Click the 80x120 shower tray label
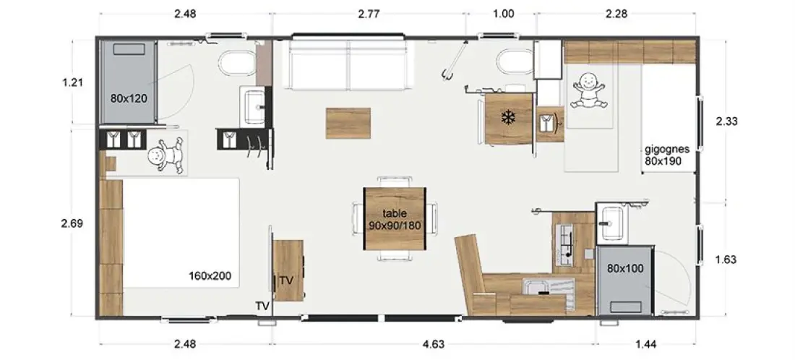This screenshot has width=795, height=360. [x=129, y=98]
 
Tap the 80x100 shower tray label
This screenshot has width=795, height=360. [x=625, y=268]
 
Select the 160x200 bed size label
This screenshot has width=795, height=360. [x=210, y=276]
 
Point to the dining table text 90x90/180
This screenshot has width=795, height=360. [x=395, y=225]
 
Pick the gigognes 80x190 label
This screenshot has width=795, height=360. [x=667, y=155]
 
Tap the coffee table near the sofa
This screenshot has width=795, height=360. [x=348, y=123]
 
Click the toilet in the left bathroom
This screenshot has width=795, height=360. [x=237, y=65]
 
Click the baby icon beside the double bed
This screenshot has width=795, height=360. [x=165, y=155]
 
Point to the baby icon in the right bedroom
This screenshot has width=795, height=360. [x=588, y=90]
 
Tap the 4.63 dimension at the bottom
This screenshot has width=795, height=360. [x=433, y=344]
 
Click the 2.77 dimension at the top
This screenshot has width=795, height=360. [x=369, y=14]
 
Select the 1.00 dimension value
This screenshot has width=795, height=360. [x=503, y=14]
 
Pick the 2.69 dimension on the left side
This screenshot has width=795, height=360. [x=72, y=223]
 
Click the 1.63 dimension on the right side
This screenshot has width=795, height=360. [x=726, y=260]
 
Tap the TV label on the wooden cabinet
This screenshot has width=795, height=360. [x=286, y=280]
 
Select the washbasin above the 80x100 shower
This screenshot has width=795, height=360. [x=612, y=223]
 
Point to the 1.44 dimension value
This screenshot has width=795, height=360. [x=646, y=344]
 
